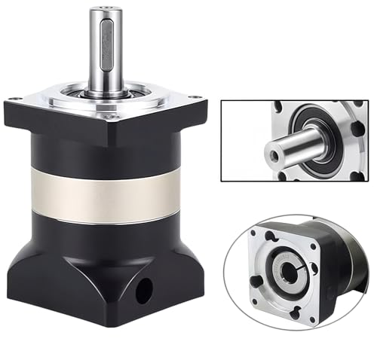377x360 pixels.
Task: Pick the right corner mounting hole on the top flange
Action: point(197,99)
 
